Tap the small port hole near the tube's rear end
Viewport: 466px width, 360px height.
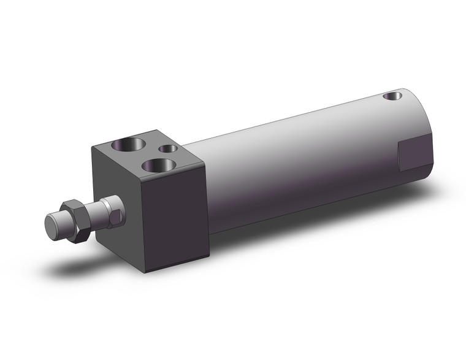[x=391, y=96]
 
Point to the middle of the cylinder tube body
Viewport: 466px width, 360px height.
[x=294, y=159]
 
